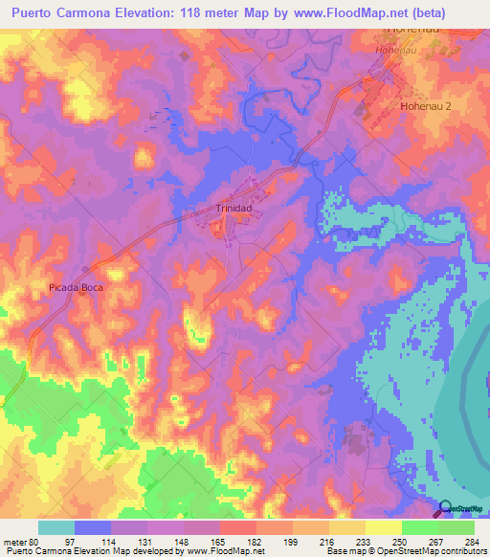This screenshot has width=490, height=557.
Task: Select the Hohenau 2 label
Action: [424, 107]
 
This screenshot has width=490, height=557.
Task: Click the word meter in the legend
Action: [13, 541]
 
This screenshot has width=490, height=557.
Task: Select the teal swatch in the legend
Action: [56, 527]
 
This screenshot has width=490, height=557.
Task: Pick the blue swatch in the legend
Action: [93, 527]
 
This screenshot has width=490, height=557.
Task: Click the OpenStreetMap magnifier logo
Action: [446, 510]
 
